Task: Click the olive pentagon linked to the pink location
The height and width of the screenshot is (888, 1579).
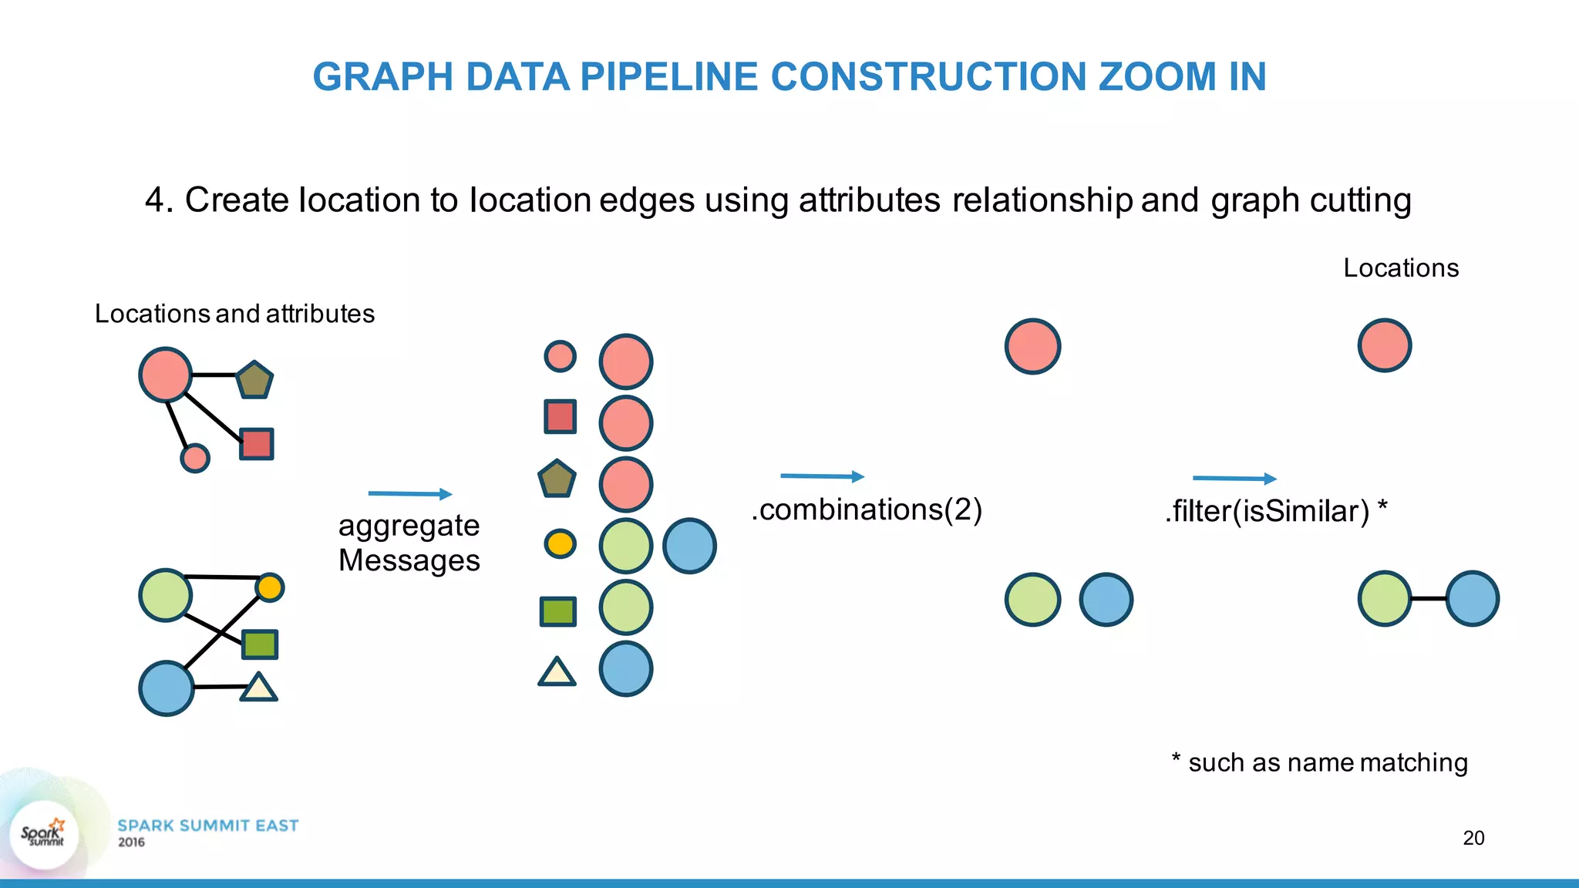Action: click(254, 380)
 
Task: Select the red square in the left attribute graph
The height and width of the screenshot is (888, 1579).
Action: click(257, 444)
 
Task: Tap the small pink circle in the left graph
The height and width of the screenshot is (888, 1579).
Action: click(195, 458)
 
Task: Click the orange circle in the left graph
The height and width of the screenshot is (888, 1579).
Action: click(270, 587)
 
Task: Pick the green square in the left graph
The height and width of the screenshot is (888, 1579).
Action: click(260, 644)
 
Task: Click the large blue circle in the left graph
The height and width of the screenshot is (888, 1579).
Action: click(166, 688)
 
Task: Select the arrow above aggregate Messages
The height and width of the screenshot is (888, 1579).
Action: click(410, 493)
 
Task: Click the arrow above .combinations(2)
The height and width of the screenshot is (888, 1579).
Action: click(822, 476)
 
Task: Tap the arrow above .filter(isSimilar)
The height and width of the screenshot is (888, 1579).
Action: click(1234, 479)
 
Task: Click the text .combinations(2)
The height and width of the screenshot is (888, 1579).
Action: click(867, 510)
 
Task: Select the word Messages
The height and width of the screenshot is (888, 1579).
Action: click(409, 560)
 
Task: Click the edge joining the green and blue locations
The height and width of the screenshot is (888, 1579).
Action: click(1429, 598)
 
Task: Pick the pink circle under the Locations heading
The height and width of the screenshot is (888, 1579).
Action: click(1385, 345)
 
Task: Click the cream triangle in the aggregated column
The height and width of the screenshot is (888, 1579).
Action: click(557, 673)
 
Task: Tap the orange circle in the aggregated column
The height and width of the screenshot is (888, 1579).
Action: click(560, 543)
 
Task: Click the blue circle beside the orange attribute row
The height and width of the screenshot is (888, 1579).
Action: click(689, 546)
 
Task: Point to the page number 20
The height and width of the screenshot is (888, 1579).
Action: click(1473, 838)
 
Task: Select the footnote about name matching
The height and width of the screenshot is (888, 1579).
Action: click(1319, 762)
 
